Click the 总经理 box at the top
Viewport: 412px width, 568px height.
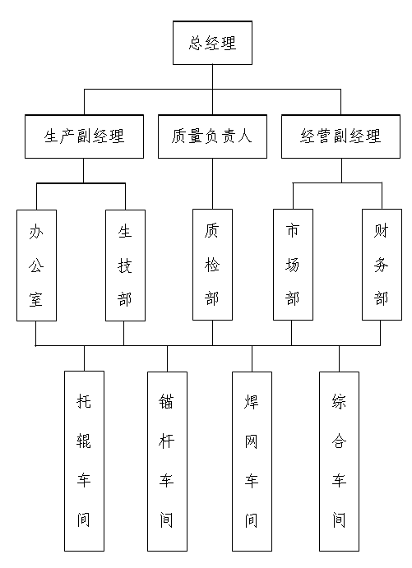[x=212, y=43]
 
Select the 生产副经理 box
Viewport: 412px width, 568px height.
[x=84, y=136]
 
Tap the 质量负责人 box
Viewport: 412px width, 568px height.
[x=212, y=136]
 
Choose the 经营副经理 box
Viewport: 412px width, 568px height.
[x=340, y=136]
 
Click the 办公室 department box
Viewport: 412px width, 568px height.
[x=37, y=266]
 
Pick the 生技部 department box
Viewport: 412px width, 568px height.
[x=125, y=266]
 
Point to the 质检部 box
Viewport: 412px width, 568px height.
[x=212, y=265]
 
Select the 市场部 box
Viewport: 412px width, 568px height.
[x=293, y=265]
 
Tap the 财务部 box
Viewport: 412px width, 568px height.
[x=382, y=265]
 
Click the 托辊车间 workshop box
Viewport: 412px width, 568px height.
[x=85, y=461]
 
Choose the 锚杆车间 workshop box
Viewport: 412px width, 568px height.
[x=168, y=461]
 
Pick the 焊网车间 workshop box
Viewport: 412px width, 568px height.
[x=252, y=461]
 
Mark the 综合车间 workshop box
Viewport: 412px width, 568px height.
[x=339, y=461]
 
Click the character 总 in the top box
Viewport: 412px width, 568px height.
[x=196, y=43]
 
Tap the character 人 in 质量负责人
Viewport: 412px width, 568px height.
[x=244, y=136]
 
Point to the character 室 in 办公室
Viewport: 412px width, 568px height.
[x=36, y=299]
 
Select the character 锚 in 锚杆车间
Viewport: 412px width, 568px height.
[x=166, y=401]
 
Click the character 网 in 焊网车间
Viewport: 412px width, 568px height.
[x=251, y=441]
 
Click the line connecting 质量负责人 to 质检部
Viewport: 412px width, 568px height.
[x=212, y=183]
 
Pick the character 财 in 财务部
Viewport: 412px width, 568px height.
[x=382, y=231]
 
